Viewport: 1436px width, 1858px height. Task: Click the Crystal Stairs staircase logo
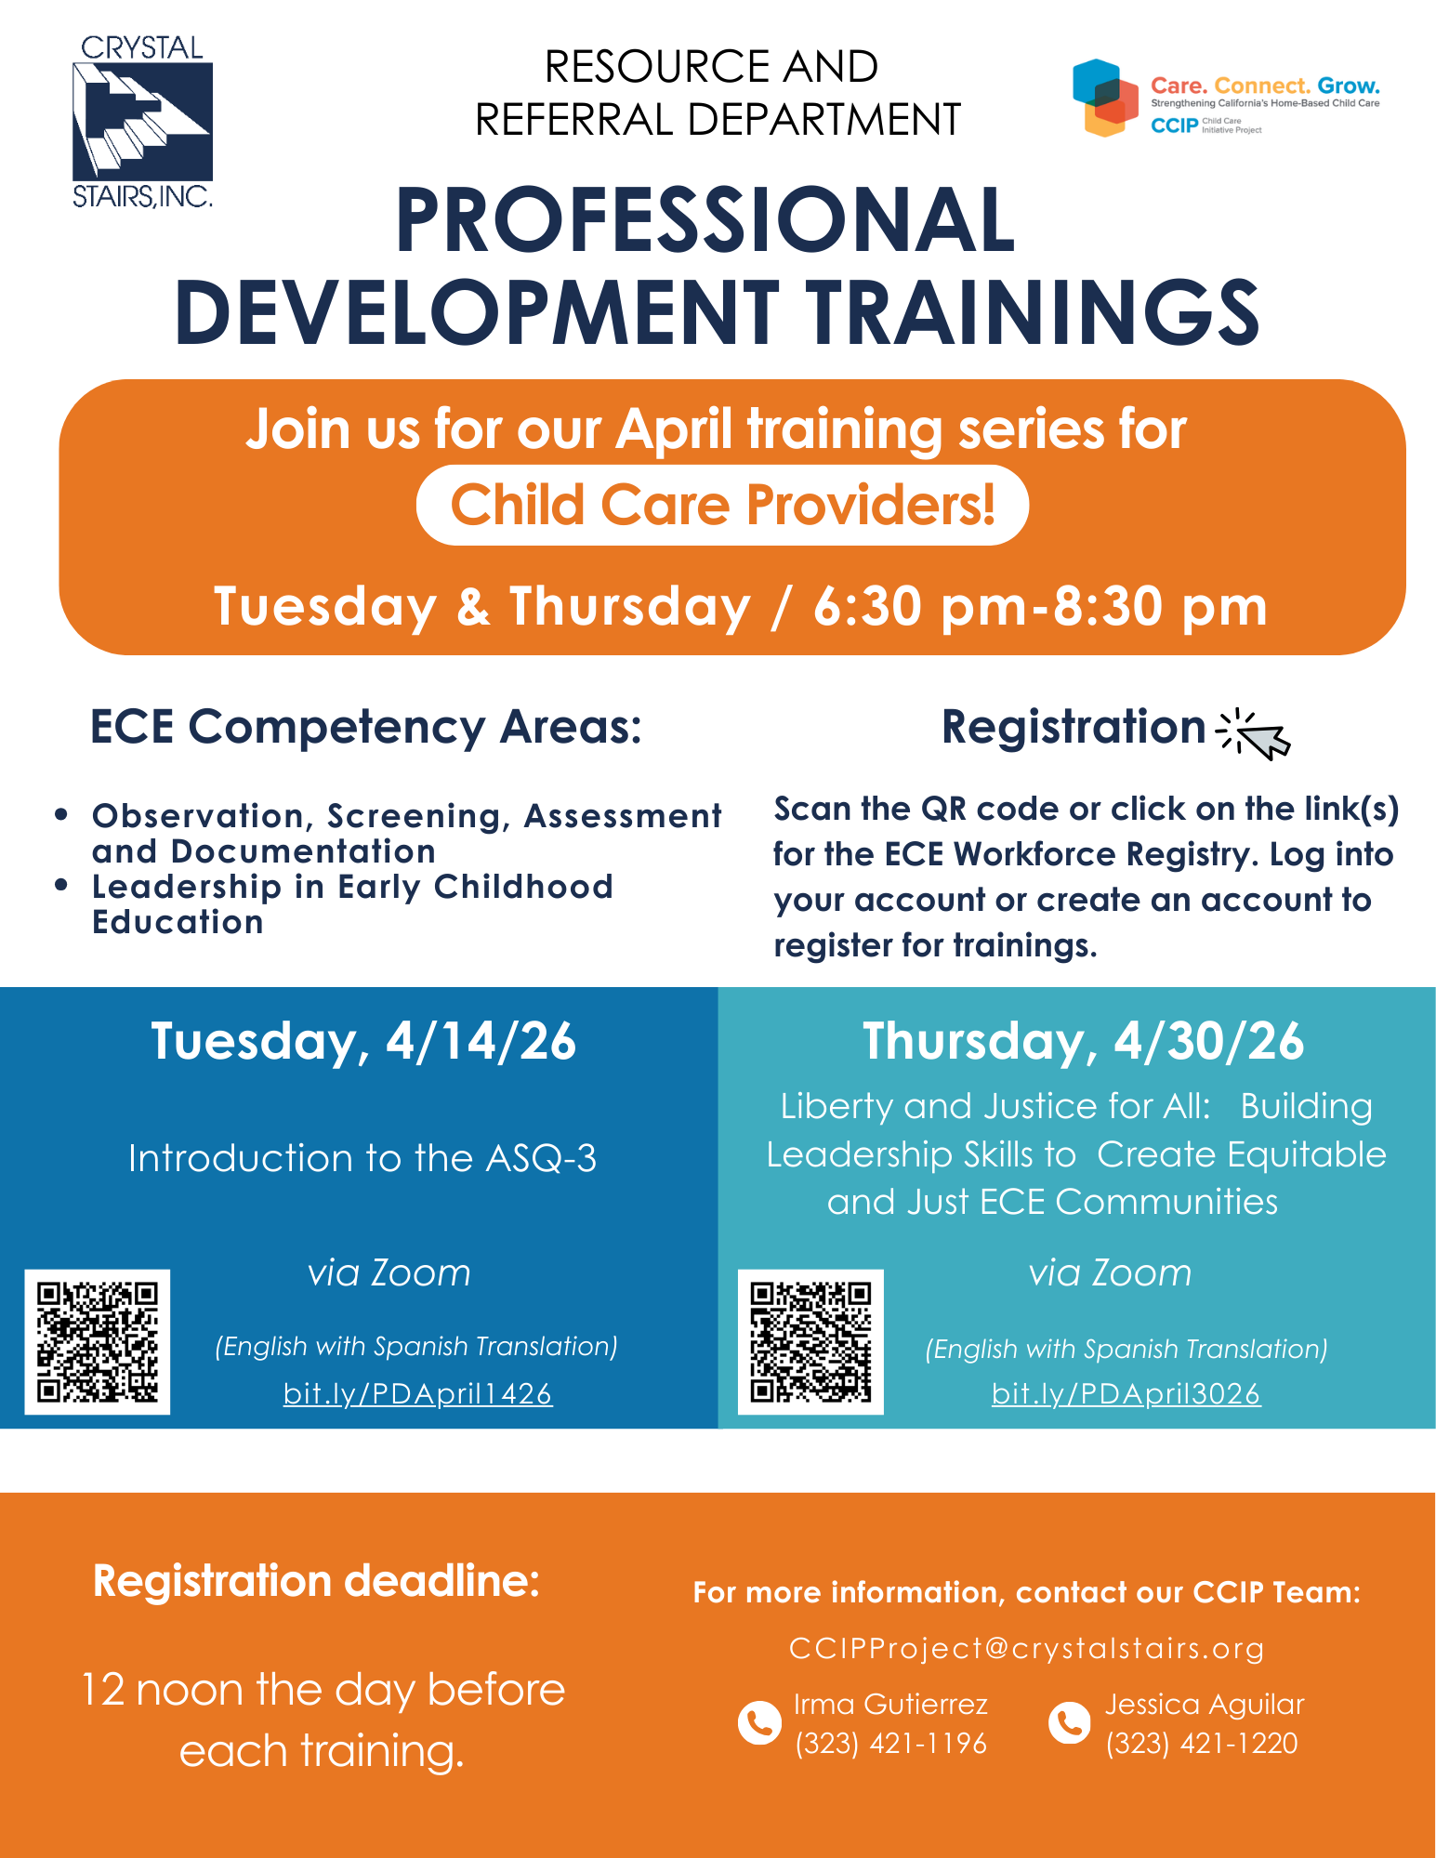142,121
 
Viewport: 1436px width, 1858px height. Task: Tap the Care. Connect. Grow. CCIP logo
1225,98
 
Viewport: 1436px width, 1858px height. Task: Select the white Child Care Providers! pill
722,505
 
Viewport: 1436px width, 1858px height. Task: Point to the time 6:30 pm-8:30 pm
1040,606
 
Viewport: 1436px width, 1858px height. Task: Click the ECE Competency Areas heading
366,726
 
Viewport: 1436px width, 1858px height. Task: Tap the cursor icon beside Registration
1253,734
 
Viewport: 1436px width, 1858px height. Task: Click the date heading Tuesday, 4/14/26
363,1041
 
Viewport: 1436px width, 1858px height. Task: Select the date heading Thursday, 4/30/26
1084,1041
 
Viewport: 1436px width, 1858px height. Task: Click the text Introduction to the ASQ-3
362,1158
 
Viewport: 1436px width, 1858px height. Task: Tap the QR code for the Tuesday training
98,1342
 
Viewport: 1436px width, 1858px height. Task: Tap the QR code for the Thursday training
810,1342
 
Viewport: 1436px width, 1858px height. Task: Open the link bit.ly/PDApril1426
418,1393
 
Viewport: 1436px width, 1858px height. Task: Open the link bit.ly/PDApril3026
1126,1393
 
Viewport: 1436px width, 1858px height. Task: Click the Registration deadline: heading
317,1581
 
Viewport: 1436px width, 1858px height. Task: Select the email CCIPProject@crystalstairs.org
1027,1648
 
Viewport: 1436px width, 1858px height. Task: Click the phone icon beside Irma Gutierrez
759,1723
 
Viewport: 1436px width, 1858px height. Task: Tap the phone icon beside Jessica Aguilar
1070,1723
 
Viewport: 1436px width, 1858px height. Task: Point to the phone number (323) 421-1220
1202,1743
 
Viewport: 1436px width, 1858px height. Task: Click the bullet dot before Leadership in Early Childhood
61,885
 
